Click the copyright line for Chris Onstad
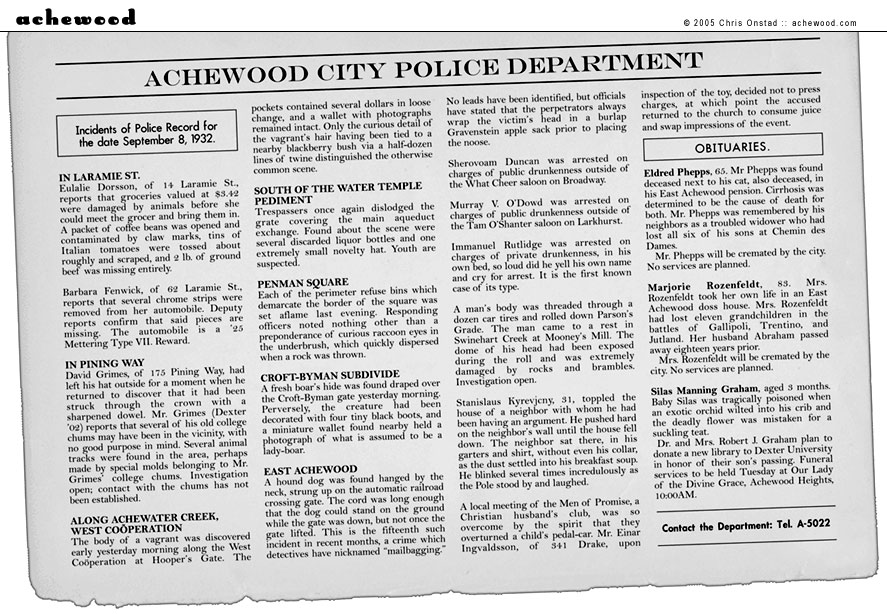(784, 22)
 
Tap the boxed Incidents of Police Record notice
(146, 133)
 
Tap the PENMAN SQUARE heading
(302, 282)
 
